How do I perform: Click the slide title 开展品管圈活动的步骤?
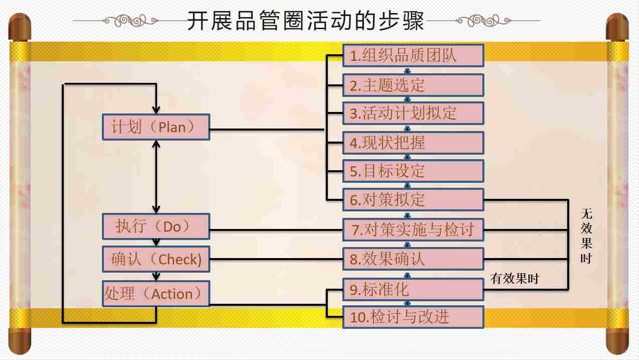306,21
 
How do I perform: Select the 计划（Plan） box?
156,127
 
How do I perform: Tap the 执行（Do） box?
156,226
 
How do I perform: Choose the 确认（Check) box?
156,259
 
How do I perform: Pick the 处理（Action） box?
156,293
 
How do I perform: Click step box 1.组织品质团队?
413,56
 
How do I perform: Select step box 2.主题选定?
413,85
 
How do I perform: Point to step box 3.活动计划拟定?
413,113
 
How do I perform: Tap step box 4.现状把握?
413,143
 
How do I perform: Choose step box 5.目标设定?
413,171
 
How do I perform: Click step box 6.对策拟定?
413,199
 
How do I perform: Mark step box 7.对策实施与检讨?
413,230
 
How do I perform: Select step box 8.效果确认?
413,259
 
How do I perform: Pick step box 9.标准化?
413,289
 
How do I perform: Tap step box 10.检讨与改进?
413,317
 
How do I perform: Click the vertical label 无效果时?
586,236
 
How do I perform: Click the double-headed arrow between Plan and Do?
156,176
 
